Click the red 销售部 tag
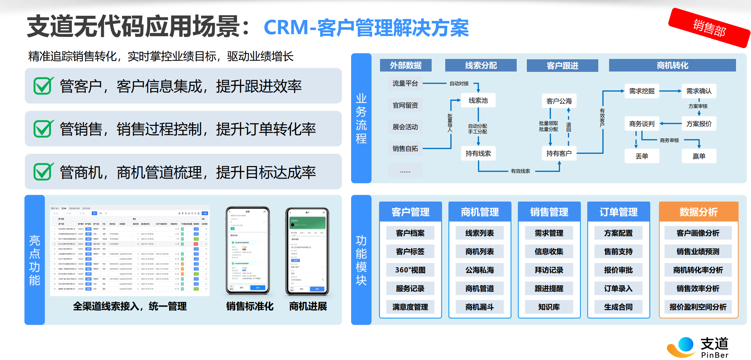709,28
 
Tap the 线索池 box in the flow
478,100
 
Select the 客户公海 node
559,101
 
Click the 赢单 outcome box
699,156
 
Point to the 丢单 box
642,156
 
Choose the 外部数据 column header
405,65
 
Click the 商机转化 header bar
672,65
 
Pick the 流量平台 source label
405,83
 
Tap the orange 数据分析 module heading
698,212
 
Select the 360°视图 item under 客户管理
410,270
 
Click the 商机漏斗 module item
479,307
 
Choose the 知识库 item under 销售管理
549,307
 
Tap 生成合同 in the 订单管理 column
618,307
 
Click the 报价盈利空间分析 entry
698,307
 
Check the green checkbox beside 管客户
43,86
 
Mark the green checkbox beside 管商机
43,172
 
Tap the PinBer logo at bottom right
697,347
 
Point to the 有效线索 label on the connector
520,171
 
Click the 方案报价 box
699,124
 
